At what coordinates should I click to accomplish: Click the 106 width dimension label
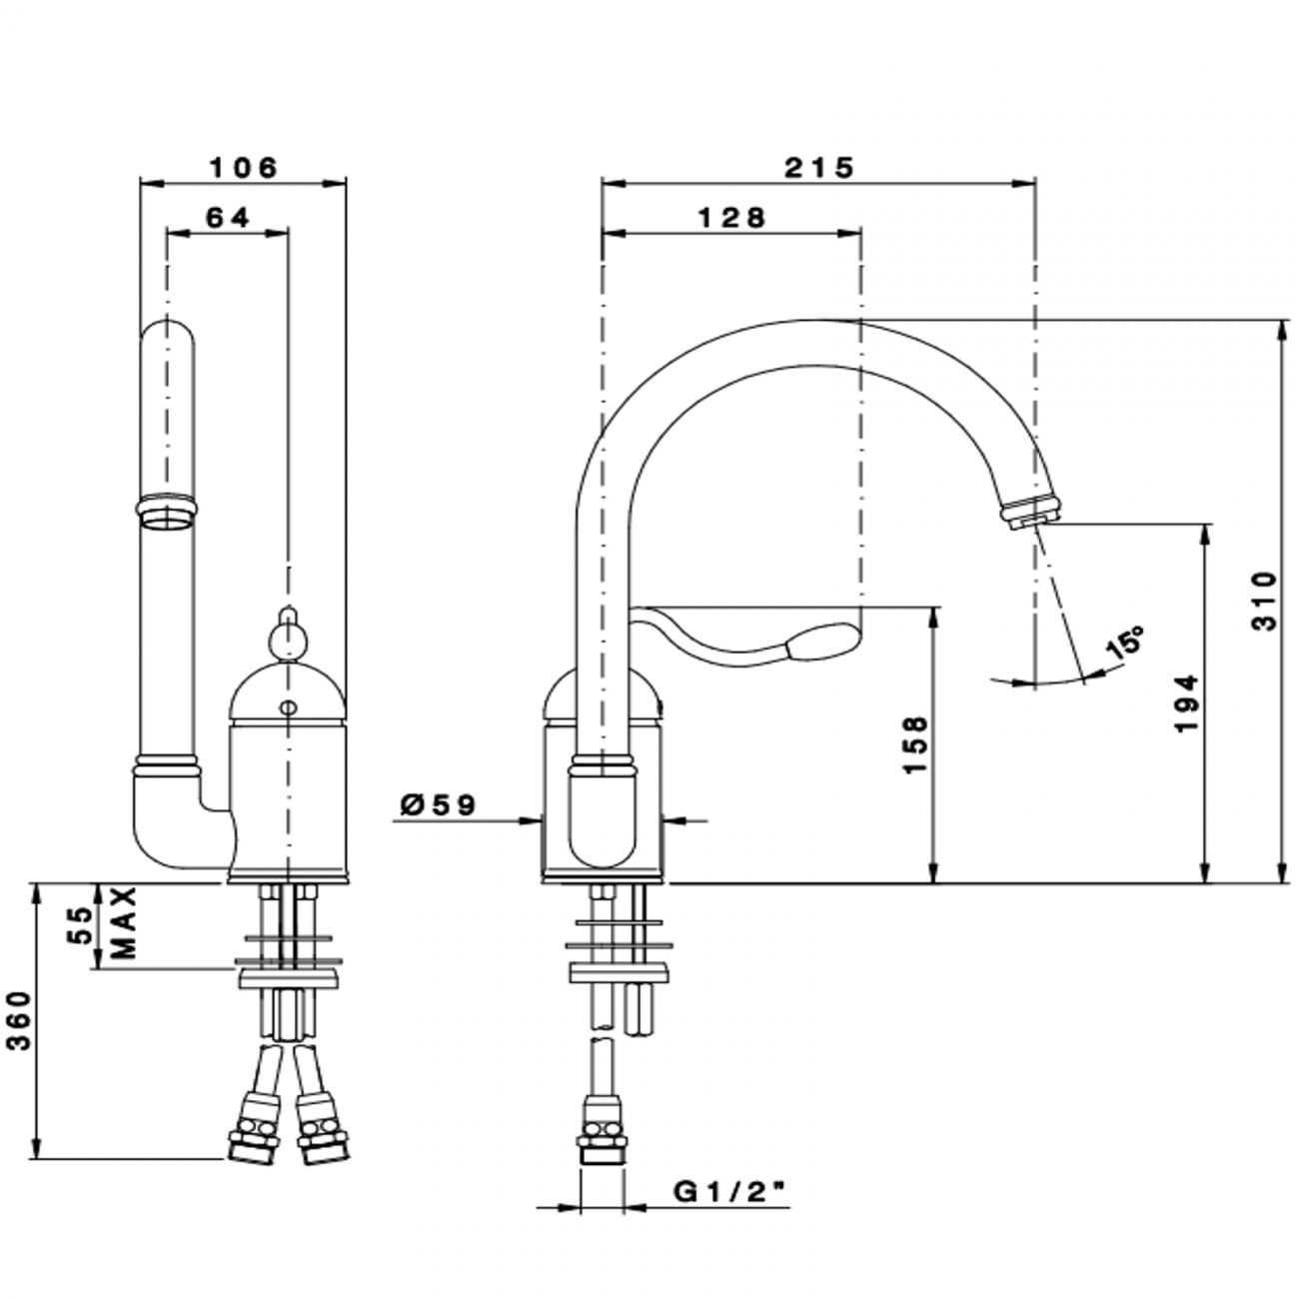242,167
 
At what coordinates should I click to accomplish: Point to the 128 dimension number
731,217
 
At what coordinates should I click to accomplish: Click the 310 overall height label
1264,602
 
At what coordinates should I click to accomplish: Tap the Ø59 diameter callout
437,804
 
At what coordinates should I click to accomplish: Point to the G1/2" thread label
728,1191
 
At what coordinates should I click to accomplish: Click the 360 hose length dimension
21,1021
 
